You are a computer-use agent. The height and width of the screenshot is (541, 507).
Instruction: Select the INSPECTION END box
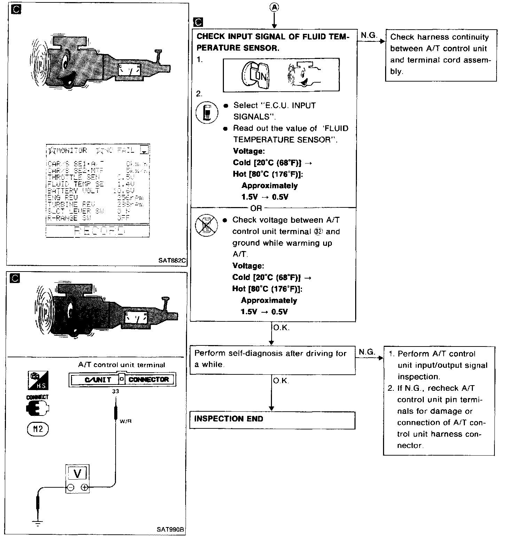[x=272, y=420]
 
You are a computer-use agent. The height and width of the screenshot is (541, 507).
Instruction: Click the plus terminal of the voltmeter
[x=84, y=488]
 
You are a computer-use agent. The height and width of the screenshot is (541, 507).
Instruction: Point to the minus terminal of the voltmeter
[x=71, y=488]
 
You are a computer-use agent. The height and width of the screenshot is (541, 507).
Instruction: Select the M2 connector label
[x=38, y=429]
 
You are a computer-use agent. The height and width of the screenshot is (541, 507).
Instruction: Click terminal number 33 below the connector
[x=116, y=391]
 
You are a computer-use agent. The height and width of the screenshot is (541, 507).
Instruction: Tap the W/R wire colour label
[x=125, y=421]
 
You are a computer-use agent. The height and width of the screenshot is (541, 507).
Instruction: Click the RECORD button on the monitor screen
[x=98, y=231]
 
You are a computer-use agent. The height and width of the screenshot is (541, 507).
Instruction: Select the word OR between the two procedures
[x=256, y=208]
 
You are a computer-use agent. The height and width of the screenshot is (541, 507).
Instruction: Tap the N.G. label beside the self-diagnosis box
[x=367, y=352]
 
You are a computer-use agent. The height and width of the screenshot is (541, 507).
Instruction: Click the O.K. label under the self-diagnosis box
[x=281, y=381]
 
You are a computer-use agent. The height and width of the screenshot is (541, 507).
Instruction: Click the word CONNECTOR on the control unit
[x=149, y=380]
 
